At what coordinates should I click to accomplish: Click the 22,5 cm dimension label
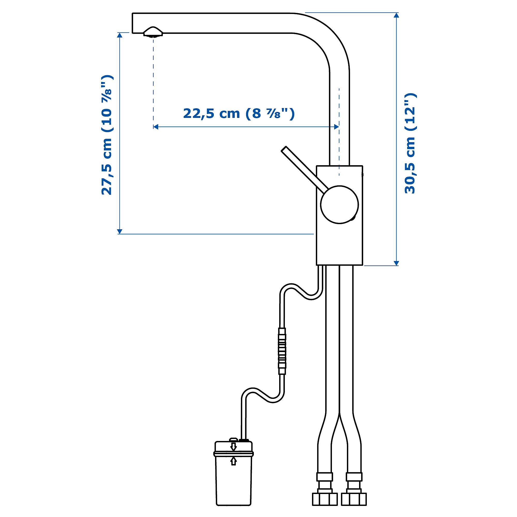click(x=239, y=113)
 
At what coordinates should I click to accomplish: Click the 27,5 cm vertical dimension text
click(x=107, y=135)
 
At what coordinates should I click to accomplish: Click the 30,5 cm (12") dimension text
click(x=410, y=143)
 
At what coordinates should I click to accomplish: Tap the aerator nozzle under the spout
click(x=153, y=32)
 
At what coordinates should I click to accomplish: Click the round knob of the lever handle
click(x=339, y=205)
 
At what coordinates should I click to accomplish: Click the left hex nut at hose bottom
click(x=325, y=499)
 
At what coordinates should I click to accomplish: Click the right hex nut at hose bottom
click(x=354, y=499)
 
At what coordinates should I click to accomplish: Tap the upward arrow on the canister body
click(x=234, y=461)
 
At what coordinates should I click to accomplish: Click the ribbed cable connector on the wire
click(x=282, y=351)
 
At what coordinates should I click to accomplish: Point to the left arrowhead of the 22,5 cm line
click(x=155, y=127)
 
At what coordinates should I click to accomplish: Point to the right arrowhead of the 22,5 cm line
click(x=337, y=127)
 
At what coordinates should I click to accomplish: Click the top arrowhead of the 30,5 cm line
click(x=396, y=15)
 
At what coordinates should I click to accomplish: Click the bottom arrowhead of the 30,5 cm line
click(x=396, y=263)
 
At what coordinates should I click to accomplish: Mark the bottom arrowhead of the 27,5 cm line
click(x=120, y=231)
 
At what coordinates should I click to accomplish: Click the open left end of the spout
click(x=133, y=23)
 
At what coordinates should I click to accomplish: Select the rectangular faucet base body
click(x=339, y=241)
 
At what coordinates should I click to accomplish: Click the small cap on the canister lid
click(x=233, y=439)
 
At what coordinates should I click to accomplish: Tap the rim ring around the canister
click(x=233, y=454)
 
